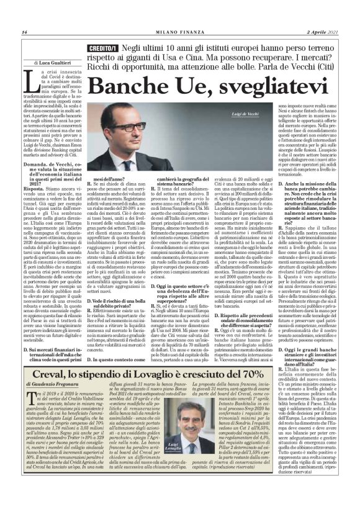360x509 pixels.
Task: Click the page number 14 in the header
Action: [x=24, y=32]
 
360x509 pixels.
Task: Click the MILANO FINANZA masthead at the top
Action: [x=180, y=32]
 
